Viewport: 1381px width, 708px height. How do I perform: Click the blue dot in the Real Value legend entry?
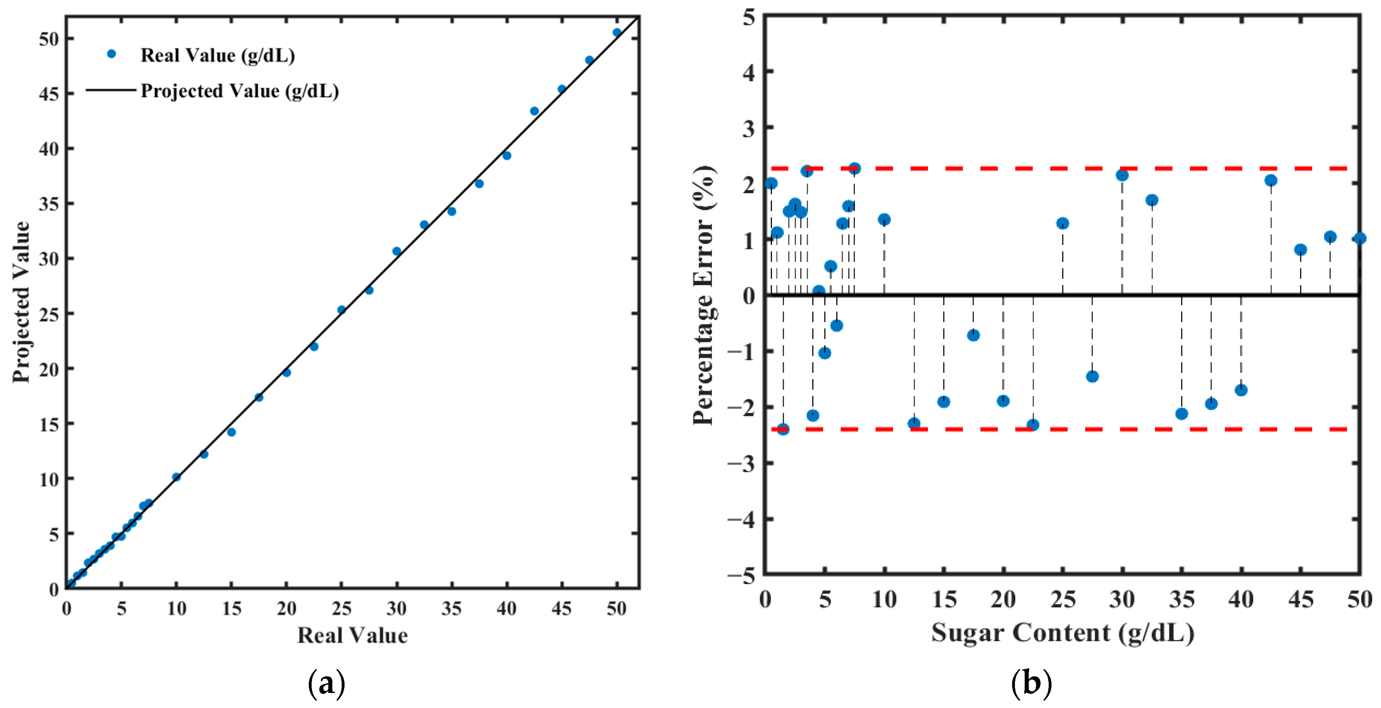(111, 54)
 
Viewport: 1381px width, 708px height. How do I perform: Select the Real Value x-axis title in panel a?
(352, 635)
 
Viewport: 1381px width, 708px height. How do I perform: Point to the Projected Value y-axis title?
(22, 302)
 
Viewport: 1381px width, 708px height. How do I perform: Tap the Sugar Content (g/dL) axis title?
(1062, 632)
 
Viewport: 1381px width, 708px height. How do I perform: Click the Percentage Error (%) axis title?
(704, 295)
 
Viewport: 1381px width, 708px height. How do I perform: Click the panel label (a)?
(327, 683)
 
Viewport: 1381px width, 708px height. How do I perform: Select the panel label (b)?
(1032, 683)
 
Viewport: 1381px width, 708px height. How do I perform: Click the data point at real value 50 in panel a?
(616, 32)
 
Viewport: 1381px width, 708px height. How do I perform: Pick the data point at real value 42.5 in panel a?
(534, 111)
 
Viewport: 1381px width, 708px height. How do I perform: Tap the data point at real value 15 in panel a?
(231, 432)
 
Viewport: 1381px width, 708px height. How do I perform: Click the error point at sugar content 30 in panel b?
(1122, 175)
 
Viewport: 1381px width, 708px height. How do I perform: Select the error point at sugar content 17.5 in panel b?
(973, 336)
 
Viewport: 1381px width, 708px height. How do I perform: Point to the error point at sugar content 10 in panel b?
(884, 219)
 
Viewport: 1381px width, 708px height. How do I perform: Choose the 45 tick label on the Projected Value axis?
(48, 94)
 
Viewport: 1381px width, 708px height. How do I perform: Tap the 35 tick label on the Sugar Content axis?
(1182, 600)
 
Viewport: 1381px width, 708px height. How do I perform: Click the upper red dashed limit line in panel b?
(1062, 168)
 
